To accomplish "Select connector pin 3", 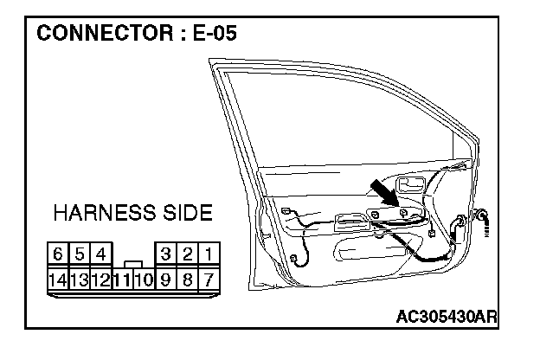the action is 164,255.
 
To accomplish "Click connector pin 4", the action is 101,255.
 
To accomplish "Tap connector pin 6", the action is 58,255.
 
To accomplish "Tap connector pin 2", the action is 186,255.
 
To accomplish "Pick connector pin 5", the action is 80,255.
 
